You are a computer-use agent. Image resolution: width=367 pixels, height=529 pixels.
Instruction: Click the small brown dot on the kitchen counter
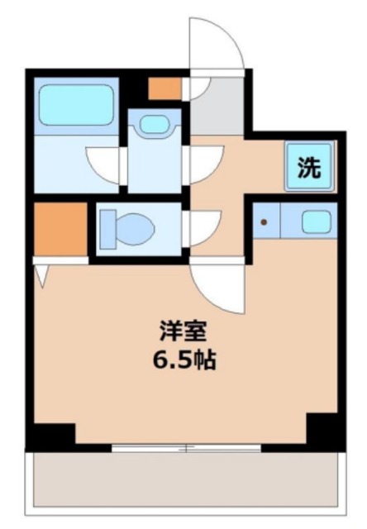[x=263, y=222]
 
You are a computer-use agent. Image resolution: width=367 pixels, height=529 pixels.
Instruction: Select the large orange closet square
[x=60, y=229]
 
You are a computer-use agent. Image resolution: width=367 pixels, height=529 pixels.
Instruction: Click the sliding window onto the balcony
[x=186, y=449]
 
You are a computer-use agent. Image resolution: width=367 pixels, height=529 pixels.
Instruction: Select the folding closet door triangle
[x=41, y=273]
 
